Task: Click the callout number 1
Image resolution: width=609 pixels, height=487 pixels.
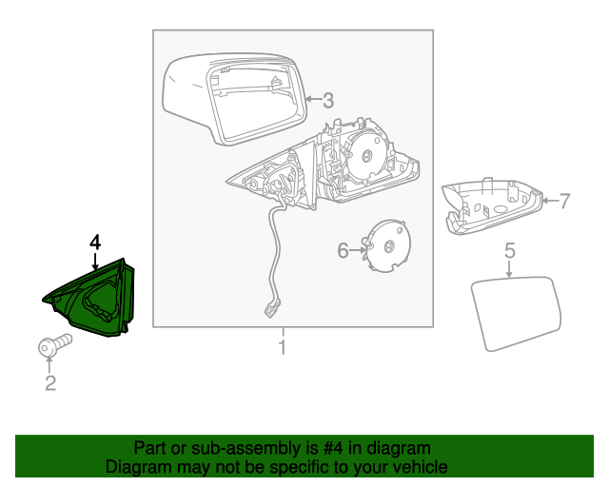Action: click(x=282, y=347)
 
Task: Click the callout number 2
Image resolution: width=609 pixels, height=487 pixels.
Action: click(x=50, y=383)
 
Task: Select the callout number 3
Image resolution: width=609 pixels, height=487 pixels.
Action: click(x=327, y=99)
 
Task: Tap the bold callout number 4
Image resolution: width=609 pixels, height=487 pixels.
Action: click(x=94, y=243)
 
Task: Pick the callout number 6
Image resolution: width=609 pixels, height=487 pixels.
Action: click(x=344, y=250)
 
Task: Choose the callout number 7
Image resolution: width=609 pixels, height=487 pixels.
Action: click(x=563, y=201)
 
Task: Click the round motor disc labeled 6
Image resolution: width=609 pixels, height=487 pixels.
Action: click(x=388, y=245)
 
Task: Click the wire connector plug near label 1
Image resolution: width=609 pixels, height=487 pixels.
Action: click(x=272, y=307)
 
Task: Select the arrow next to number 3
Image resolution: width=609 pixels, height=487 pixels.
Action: click(x=312, y=99)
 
